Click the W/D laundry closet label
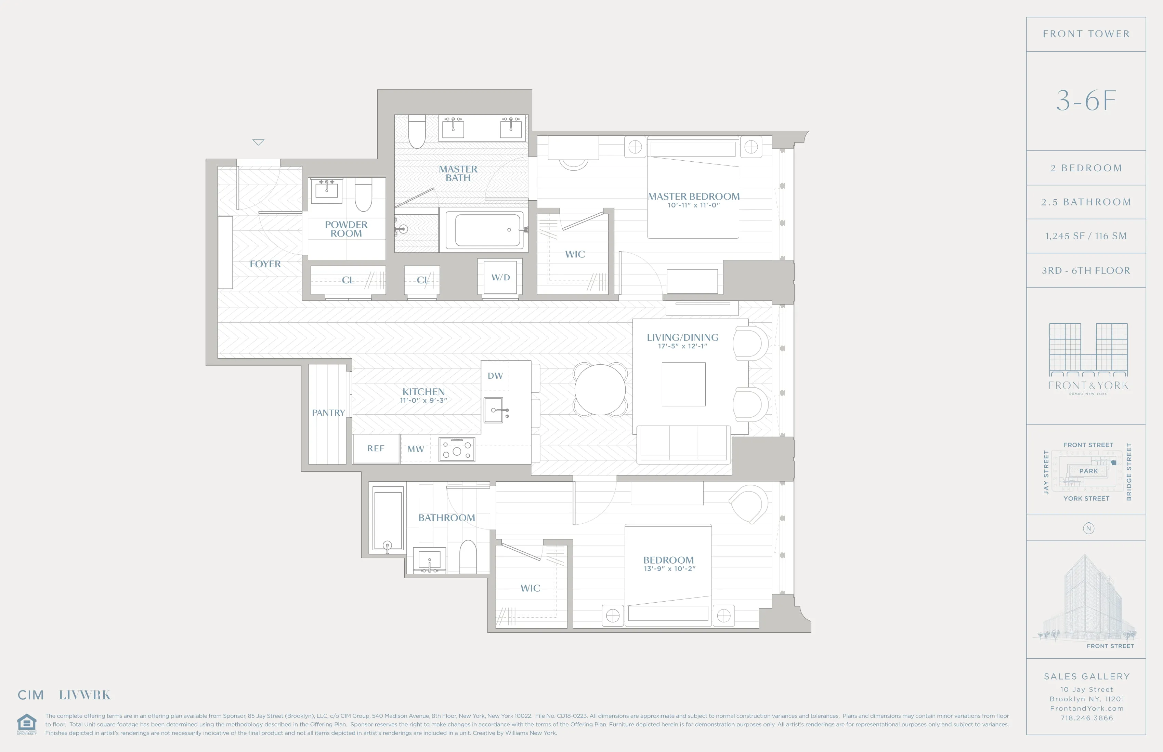500,277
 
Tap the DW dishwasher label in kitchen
495,376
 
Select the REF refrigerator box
376,448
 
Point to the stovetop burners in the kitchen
456,450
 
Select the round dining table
600,390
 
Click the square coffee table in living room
683,384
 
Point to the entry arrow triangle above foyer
258,142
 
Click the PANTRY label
328,413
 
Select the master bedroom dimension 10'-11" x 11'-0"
693,205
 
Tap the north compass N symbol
1088,528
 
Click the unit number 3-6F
1086,101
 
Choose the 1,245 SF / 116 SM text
1086,236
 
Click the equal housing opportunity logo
26,724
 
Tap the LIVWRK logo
84,695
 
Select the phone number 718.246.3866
1087,718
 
